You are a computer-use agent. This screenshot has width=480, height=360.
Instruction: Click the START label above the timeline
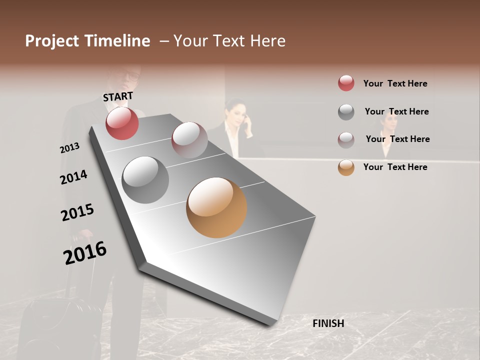(118, 96)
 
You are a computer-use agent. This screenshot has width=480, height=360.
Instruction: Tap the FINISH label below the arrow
(328, 323)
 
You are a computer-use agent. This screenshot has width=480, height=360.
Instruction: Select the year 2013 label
(69, 148)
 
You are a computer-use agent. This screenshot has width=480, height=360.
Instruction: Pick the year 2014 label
(73, 177)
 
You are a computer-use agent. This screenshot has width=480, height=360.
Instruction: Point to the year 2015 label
(77, 212)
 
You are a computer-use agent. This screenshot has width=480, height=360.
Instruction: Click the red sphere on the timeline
(122, 123)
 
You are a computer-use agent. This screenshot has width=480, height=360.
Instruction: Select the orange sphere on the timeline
(216, 207)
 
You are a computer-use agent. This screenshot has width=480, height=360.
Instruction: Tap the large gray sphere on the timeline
(145, 179)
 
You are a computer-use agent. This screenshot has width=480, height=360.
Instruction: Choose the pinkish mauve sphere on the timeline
(189, 140)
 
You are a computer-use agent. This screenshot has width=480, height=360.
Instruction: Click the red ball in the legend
(346, 83)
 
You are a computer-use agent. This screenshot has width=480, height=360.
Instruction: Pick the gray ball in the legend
(346, 111)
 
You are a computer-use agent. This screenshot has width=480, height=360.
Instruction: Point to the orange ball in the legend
(346, 167)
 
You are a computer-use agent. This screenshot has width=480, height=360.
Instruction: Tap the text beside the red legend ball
(395, 83)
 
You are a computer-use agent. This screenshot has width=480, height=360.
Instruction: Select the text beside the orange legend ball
(395, 167)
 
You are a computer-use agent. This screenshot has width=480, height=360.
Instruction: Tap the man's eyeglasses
(133, 76)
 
